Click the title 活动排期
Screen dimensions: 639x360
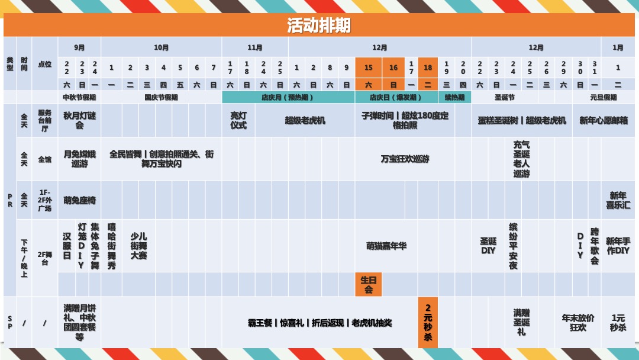pos(319,25)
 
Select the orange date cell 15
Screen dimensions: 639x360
pos(369,68)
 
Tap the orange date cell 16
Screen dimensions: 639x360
pos(393,68)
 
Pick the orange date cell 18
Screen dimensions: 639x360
pos(428,68)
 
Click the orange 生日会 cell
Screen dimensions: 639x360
pos(369,285)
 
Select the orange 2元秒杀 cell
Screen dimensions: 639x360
pos(428,322)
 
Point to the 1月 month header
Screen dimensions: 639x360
pos(618,47)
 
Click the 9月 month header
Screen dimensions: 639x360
pos(79,47)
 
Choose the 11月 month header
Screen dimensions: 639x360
pos(255,47)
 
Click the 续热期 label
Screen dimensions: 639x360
pos(454,97)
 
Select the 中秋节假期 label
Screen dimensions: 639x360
pos(79,97)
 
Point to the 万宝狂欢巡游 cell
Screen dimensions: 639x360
pos(405,159)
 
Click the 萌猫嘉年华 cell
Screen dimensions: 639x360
pos(386,246)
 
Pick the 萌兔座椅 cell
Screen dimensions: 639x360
pos(79,200)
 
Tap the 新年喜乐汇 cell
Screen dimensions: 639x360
pos(618,200)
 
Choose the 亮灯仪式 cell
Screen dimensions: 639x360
pos(238,120)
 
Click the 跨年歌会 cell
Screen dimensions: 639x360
pos(595,246)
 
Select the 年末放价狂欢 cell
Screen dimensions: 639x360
pos(578,322)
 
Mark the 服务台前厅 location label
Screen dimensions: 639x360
pos(45,120)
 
